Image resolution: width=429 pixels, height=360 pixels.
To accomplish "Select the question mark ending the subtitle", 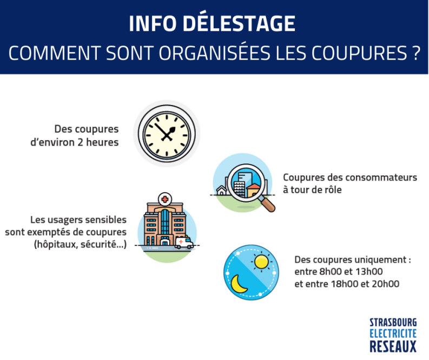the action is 415,53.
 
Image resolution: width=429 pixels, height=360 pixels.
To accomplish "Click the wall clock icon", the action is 167,133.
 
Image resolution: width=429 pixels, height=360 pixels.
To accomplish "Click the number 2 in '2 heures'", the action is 80,142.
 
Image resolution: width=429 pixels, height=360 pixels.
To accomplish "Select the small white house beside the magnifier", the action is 222,190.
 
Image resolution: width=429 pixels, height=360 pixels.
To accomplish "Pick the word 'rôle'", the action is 333,189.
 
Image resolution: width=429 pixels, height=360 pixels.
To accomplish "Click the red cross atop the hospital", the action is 165,199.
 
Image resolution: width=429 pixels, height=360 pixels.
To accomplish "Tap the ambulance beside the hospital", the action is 184,243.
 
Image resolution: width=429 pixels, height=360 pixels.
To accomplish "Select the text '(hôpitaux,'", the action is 56,244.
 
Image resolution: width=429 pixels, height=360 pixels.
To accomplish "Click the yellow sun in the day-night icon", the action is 261,261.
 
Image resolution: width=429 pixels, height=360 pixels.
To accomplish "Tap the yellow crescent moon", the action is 238,284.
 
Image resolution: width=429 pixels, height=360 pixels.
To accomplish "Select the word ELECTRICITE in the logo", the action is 393,333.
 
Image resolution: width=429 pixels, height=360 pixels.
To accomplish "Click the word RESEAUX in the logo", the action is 393,346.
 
